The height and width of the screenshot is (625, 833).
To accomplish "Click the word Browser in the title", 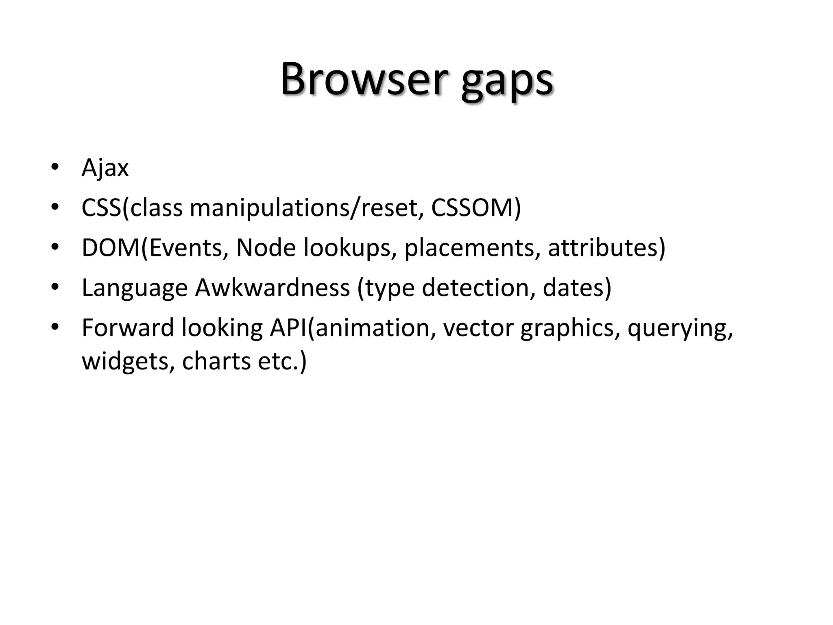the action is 364,79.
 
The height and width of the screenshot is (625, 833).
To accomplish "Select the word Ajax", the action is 105,168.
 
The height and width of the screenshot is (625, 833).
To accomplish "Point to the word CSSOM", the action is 475,208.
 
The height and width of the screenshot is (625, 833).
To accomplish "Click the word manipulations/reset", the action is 303,208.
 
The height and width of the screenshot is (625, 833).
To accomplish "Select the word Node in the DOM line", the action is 266,247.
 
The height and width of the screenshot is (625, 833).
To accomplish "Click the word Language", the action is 135,288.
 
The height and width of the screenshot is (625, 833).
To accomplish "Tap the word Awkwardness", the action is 272,287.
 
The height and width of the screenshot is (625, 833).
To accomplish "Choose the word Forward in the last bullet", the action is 127,327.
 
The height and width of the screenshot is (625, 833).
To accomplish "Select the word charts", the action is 216,361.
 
